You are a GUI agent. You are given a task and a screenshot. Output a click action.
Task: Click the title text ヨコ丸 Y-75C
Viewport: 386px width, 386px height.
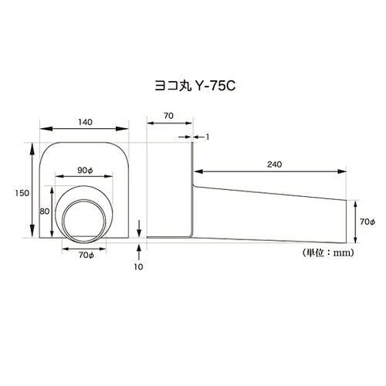pyautogui.click(x=195, y=86)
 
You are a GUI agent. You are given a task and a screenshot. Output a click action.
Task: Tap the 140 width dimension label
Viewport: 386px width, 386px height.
pyautogui.click(x=85, y=122)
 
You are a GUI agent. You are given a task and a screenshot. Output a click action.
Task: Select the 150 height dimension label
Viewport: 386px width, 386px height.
pyautogui.click(x=22, y=193)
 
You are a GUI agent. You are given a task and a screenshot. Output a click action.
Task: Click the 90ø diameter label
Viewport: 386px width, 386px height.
pyautogui.click(x=85, y=171)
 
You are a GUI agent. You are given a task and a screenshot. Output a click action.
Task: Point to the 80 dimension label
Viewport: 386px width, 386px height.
pyautogui.click(x=44, y=212)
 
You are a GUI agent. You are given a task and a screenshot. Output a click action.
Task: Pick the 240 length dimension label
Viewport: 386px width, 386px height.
pyautogui.click(x=274, y=164)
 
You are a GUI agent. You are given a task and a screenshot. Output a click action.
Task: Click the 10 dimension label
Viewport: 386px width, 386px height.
pyautogui.click(x=138, y=267)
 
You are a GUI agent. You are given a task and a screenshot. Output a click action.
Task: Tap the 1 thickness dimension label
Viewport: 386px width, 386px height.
pyautogui.click(x=208, y=137)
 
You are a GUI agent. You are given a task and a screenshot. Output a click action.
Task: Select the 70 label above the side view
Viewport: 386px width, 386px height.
pyautogui.click(x=168, y=116)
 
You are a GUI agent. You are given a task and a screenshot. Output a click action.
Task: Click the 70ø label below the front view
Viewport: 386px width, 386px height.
pyautogui.click(x=86, y=255)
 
